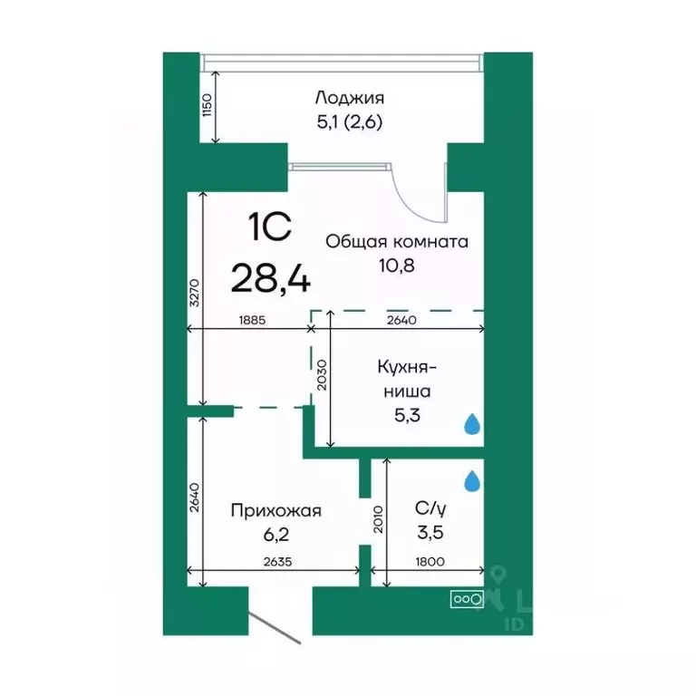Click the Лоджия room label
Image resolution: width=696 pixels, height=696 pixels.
click(349, 98)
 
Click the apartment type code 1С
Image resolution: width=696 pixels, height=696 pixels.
click(270, 227)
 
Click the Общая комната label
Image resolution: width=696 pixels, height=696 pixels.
click(396, 242)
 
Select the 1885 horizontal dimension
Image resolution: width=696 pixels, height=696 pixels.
click(253, 318)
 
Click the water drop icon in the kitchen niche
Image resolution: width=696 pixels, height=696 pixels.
click(471, 424)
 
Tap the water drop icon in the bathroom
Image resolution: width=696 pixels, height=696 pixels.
click(471, 481)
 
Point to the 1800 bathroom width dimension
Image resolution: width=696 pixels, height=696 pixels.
click(430, 562)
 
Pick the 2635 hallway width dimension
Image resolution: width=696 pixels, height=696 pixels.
click(278, 562)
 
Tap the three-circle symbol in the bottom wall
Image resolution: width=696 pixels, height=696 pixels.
click(466, 598)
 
